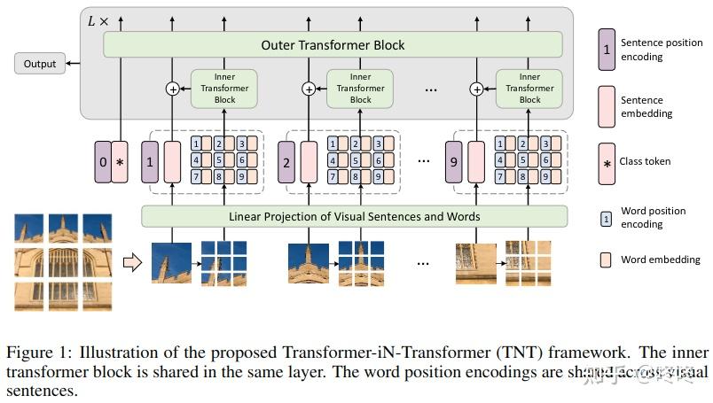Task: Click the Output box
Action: [40, 64]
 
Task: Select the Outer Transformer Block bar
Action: [333, 45]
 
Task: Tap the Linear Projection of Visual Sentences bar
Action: [354, 216]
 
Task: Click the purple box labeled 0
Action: [103, 163]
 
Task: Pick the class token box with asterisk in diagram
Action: [121, 163]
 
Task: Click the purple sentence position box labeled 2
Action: [286, 163]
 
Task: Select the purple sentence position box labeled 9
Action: [454, 163]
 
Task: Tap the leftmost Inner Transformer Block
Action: [224, 89]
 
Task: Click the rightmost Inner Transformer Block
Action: [529, 89]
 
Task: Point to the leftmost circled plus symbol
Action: [172, 89]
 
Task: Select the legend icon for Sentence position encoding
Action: [607, 50]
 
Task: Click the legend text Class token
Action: [646, 161]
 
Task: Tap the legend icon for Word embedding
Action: [607, 260]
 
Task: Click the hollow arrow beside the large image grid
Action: [131, 261]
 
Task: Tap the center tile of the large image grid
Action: [63, 263]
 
